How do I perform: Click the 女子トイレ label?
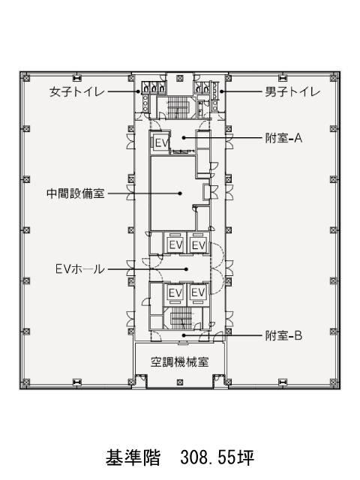(x=76, y=91)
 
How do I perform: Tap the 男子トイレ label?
(x=292, y=91)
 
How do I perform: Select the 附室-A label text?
(x=283, y=138)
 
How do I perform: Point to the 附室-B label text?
(x=283, y=336)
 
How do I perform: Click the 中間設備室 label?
(x=76, y=193)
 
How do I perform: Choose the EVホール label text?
(x=80, y=269)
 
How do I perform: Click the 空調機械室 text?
(x=180, y=362)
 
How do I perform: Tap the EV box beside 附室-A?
(x=161, y=143)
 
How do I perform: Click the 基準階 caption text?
(x=133, y=457)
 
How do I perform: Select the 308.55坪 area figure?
(x=217, y=457)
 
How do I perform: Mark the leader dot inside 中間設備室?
(x=181, y=193)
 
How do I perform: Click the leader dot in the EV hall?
(x=186, y=269)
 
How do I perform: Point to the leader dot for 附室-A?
(x=184, y=138)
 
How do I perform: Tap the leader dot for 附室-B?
(x=184, y=335)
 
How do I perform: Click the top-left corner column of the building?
(x=26, y=78)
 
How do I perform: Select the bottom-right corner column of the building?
(x=333, y=382)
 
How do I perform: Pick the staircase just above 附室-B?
(x=181, y=318)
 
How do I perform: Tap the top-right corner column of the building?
(x=333, y=78)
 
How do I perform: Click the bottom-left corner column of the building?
(x=26, y=382)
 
